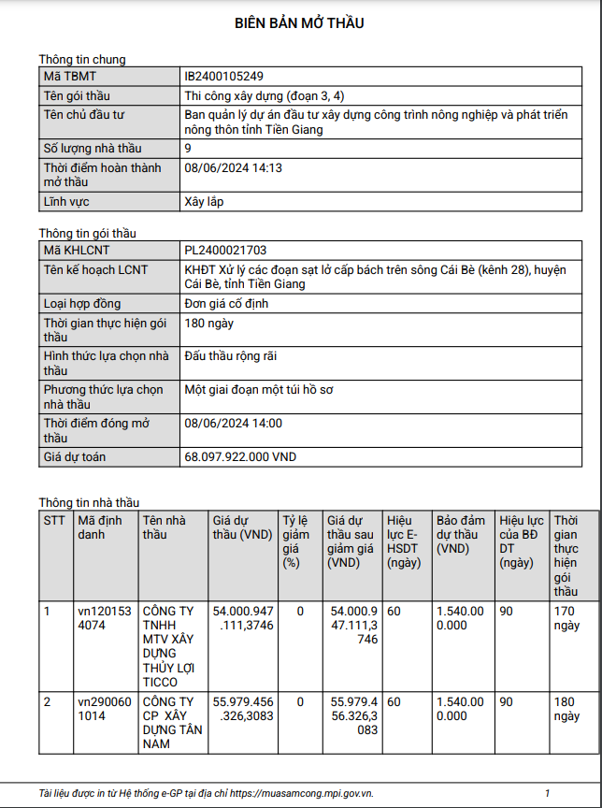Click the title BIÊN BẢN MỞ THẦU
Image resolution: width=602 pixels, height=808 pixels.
tap(299, 23)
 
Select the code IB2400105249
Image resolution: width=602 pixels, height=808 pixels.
tap(224, 77)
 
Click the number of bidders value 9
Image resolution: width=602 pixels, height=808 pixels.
tap(188, 149)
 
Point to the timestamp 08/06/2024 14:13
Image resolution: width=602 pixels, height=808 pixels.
tap(234, 168)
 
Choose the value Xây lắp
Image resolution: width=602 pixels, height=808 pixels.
tap(204, 202)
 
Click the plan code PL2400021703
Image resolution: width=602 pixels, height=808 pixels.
tap(226, 250)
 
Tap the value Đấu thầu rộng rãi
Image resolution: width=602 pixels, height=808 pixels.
tap(231, 356)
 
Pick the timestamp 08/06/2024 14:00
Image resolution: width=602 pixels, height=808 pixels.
tap(234, 424)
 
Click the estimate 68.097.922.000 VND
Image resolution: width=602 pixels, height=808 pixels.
tap(240, 457)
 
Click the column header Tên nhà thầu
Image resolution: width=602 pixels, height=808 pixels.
tap(165, 527)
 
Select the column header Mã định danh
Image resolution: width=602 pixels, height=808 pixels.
tap(98, 527)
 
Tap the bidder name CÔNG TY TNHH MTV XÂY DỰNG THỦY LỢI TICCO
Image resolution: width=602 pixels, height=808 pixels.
tap(168, 646)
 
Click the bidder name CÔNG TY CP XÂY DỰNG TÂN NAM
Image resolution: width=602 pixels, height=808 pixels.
tap(168, 722)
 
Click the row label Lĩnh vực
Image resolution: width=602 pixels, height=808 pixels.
tap(68, 202)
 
